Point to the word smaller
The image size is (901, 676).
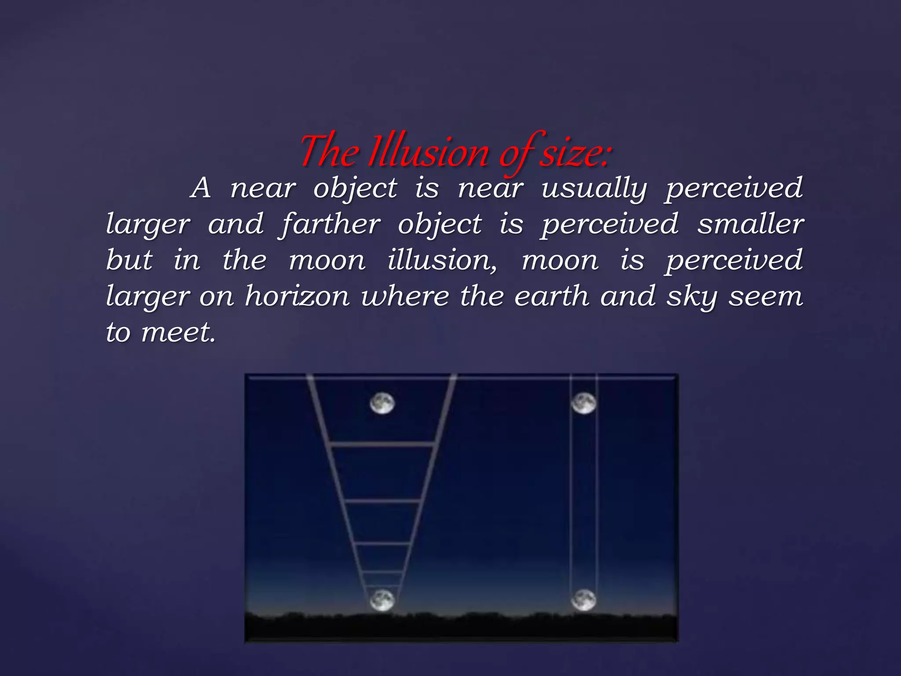(751, 224)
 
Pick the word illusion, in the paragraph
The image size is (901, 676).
(442, 260)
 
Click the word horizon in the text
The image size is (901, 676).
(297, 296)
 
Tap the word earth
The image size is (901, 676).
(552, 296)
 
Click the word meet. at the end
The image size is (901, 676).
(178, 332)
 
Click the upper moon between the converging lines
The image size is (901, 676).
(382, 404)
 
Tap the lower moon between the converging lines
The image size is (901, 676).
(382, 600)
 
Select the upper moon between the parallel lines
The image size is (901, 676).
(584, 404)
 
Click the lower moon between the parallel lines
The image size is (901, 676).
(584, 600)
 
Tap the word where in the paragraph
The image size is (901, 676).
(405, 296)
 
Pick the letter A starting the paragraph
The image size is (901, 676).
(201, 188)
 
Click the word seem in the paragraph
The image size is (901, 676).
(766, 297)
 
